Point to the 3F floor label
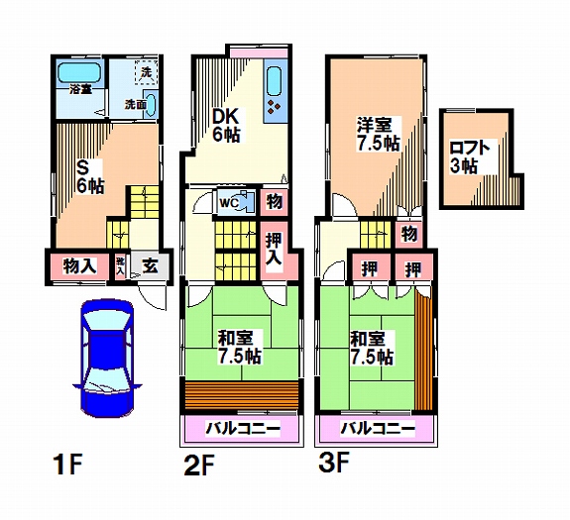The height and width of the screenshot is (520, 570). coord(334,463)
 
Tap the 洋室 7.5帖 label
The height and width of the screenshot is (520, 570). coord(379,135)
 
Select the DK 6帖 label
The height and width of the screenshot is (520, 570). coord(229,124)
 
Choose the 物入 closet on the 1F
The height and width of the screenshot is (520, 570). coord(79,265)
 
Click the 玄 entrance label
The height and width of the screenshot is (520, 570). coord(149,265)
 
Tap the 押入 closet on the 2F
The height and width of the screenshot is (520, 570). coord(275,249)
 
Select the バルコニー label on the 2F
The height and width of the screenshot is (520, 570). coord(241,430)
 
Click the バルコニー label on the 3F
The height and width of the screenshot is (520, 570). coord(377,430)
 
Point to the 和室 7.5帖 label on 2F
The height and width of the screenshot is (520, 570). coord(241,347)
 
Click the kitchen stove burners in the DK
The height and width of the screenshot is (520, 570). coord(275,105)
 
